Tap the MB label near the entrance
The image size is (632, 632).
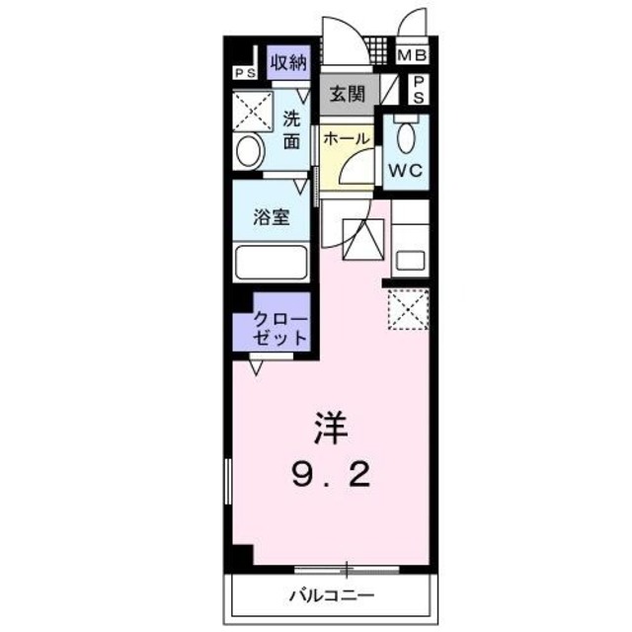coord(413,56)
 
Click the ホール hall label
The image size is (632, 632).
coord(346,138)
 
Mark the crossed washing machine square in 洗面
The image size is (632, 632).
coord(253,111)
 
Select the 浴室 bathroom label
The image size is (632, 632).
coord(273,216)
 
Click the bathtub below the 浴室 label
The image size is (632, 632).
coord(272,263)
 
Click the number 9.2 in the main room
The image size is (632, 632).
coord(331,479)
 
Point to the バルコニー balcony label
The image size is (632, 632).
coord(331,595)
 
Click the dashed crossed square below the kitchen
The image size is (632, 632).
coord(408,310)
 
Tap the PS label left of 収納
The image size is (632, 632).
coord(242,72)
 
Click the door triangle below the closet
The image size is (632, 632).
coord(257,368)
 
